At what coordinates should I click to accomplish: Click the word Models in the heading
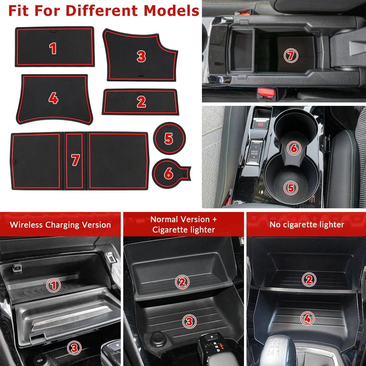171,11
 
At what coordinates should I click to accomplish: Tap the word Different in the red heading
102,11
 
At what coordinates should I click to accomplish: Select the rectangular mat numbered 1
55,47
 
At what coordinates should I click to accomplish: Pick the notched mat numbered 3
140,55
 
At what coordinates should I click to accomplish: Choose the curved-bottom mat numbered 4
54,99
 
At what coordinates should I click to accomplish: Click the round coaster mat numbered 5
169,138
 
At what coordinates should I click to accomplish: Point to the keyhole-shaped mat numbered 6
171,174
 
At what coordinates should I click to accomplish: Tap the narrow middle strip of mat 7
74,161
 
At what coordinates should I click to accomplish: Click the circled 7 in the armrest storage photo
291,56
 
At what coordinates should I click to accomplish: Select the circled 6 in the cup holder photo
294,148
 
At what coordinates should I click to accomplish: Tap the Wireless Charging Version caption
60,225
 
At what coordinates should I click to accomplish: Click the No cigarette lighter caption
307,225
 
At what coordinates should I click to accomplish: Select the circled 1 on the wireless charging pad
54,285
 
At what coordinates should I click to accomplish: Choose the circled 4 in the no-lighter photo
307,318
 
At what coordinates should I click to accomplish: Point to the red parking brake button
260,124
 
